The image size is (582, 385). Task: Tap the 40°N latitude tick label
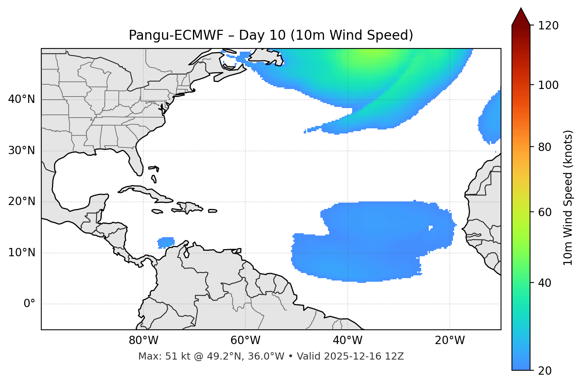click(21, 99)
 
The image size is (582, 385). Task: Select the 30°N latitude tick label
click(21, 151)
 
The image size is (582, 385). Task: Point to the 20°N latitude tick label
click(21, 201)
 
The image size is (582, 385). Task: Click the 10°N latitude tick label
click(21, 253)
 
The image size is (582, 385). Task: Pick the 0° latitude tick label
click(29, 304)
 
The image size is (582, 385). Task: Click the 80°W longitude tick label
click(143, 341)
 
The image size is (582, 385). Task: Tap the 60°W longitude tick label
click(245, 341)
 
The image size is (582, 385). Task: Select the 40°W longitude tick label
click(348, 341)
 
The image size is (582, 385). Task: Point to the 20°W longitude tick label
click(450, 341)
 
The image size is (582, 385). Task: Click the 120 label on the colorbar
click(548, 26)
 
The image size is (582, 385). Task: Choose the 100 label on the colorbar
click(548, 85)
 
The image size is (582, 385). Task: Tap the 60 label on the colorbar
click(545, 212)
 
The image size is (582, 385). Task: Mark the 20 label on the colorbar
click(545, 371)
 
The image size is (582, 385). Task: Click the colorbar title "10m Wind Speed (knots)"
click(568, 197)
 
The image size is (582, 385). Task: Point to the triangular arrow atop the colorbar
click(521, 17)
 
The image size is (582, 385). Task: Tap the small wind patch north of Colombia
click(166, 242)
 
